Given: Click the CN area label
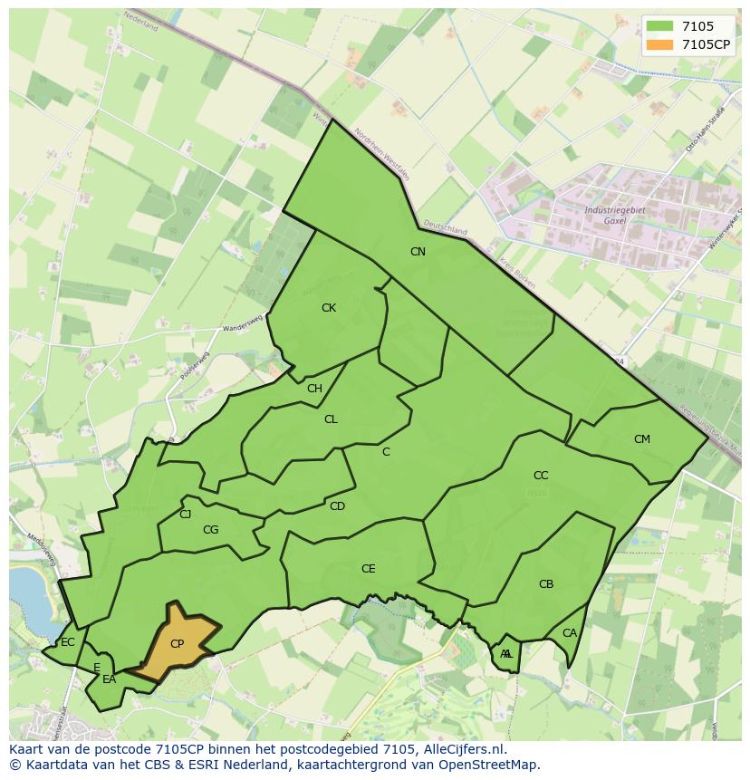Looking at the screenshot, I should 418,252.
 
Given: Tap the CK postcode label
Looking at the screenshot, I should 329,308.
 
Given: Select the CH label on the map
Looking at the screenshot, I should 314,389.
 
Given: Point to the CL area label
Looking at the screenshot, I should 331,419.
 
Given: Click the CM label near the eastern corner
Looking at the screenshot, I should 642,439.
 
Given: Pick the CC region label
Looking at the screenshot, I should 541,476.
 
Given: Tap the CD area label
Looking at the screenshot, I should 337,506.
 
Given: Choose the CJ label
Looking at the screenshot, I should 186,515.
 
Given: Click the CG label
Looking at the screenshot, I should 210,530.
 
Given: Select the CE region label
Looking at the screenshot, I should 368,569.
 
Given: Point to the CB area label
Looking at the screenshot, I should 546,584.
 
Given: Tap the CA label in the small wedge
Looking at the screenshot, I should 570,633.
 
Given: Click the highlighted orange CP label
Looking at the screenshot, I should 178,644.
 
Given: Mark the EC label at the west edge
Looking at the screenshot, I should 68,642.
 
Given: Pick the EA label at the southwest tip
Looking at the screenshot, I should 110,679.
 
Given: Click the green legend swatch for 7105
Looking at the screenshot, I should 660,27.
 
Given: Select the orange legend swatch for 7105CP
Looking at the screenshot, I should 660,43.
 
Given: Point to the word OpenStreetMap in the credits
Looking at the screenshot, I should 493,765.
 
